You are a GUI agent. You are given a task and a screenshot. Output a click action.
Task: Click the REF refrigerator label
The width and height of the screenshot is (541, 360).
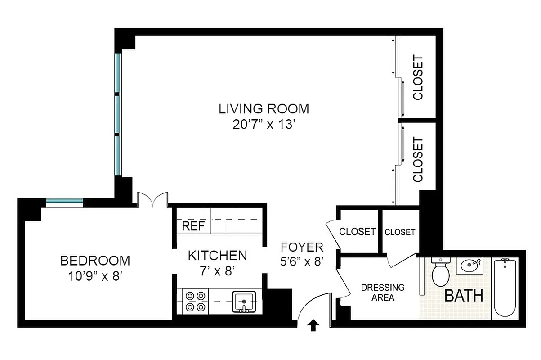193,226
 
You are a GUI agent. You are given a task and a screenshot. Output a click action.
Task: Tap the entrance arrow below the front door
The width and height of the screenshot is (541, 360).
313,325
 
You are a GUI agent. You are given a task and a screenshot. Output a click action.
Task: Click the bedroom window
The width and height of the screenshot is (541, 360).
64,203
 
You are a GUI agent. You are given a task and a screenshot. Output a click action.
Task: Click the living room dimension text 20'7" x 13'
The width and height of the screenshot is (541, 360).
264,125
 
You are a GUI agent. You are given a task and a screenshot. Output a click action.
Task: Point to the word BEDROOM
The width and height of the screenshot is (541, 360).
95,261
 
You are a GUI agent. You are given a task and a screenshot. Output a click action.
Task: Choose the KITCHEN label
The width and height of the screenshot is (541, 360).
217,256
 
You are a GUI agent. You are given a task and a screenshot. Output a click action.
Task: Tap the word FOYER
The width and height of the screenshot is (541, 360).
302,247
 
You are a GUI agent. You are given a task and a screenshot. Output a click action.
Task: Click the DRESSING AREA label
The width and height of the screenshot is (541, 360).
383,292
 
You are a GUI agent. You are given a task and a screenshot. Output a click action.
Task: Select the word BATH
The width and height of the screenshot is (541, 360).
464,296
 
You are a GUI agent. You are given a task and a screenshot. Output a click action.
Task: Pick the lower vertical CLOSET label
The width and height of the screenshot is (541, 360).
418,160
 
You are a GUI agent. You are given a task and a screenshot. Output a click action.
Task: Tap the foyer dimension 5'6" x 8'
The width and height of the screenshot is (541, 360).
302,261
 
